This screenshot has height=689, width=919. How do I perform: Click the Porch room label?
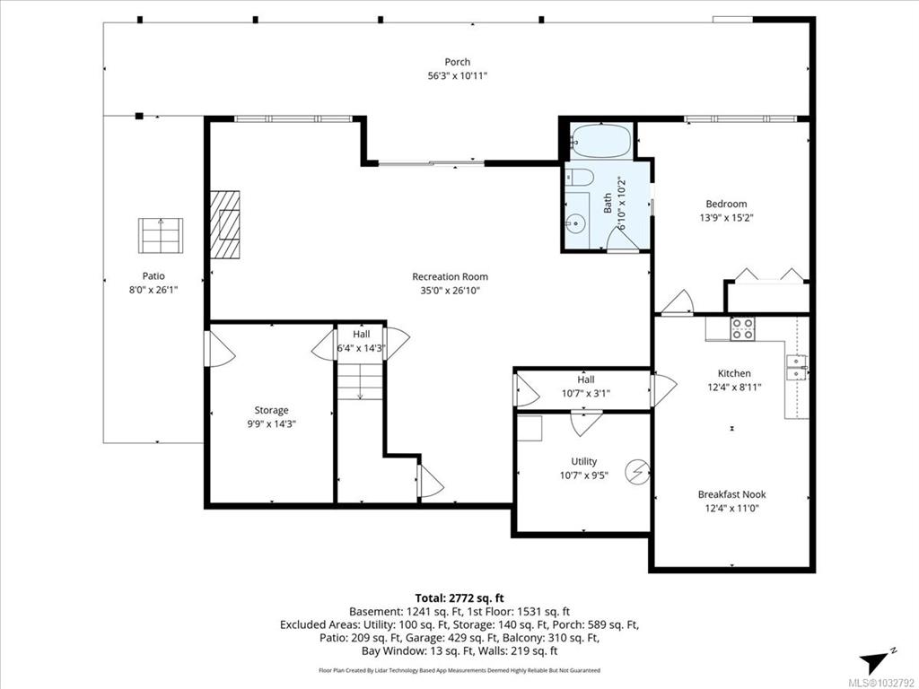(457, 62)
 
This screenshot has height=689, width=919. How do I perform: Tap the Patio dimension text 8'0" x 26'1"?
(153, 290)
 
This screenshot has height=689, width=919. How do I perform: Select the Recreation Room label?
(451, 276)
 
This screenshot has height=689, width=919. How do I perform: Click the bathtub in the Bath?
(600, 141)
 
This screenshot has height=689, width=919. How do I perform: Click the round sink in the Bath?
(577, 222)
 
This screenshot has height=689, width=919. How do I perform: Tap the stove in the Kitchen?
(742, 328)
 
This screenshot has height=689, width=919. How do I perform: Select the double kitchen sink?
(796, 367)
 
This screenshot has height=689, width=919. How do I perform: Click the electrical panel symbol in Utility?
(637, 472)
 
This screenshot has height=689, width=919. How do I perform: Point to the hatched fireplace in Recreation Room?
(225, 224)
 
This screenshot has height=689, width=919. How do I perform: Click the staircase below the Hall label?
(360, 380)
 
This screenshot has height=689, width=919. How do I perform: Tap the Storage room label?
(271, 410)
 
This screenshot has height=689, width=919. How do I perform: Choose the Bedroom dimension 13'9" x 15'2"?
(726, 218)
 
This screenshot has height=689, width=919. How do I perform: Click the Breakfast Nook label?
(731, 494)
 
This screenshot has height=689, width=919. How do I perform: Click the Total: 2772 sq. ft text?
(459, 598)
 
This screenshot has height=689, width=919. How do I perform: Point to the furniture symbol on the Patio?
(161, 236)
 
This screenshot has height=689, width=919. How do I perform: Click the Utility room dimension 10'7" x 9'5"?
(583, 475)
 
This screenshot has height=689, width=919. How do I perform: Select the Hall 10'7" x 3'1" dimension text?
(585, 393)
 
